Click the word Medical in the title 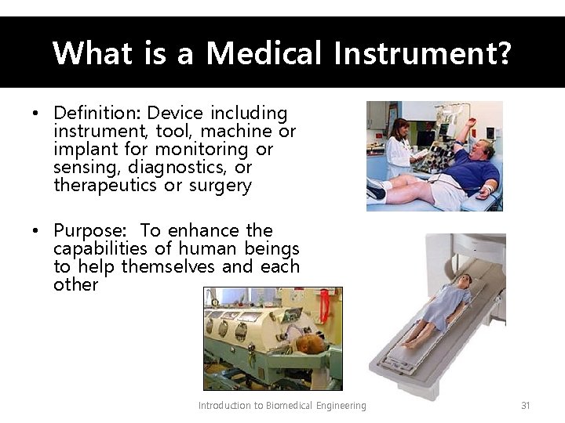click(264, 53)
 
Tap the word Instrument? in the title click(422, 53)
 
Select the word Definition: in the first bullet click(97, 114)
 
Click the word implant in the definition click(80, 150)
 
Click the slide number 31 click(526, 406)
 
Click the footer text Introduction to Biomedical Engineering click(282, 406)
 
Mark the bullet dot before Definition click(36, 114)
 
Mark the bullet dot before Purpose click(36, 232)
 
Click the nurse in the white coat click(399, 149)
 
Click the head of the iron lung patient click(314, 345)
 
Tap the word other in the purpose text click(75, 285)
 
